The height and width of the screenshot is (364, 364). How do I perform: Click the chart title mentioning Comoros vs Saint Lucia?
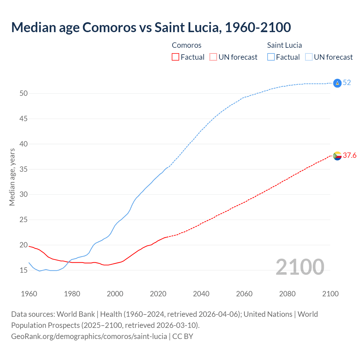(151, 27)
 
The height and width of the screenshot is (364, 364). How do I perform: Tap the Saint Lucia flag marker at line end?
(337, 83)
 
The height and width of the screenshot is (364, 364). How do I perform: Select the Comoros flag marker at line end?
(337, 156)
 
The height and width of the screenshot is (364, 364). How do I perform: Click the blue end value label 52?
(347, 83)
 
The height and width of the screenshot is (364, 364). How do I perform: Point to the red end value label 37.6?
(349, 155)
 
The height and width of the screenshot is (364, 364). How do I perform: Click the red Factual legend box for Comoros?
(175, 57)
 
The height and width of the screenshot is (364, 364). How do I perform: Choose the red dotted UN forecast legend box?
(213, 57)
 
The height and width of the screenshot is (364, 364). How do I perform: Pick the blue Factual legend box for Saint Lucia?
(271, 57)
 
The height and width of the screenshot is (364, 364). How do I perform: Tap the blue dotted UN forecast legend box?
(309, 57)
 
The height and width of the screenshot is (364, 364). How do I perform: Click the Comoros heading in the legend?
(187, 45)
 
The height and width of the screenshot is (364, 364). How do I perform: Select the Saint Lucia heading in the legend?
(284, 45)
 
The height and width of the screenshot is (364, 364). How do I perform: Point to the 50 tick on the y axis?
(24, 94)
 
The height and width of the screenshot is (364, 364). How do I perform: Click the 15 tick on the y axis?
(24, 270)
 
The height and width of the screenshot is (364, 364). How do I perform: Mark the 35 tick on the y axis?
(24, 169)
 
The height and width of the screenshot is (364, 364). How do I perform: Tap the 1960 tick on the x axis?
(29, 294)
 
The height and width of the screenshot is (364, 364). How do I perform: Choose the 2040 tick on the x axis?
(201, 294)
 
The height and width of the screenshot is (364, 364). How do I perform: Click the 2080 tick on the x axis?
(287, 294)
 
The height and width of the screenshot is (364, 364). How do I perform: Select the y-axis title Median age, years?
(12, 177)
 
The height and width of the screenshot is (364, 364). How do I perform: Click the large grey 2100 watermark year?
(300, 267)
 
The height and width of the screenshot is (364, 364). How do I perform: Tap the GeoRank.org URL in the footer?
(89, 336)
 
